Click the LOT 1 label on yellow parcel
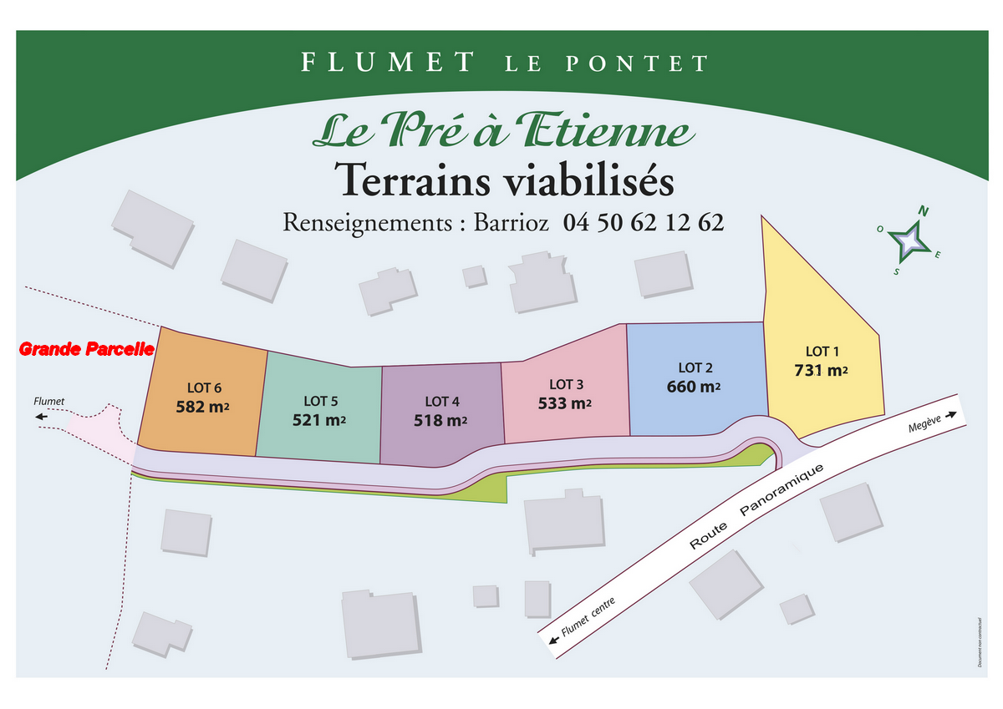822,352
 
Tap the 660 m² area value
693,387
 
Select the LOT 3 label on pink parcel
566,384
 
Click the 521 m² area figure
319,420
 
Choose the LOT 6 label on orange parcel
205,387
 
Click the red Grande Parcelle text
87,349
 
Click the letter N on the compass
924,211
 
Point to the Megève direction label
925,426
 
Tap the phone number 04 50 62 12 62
643,223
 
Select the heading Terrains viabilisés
503,180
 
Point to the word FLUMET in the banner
387,62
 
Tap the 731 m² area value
821,370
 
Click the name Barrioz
511,223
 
